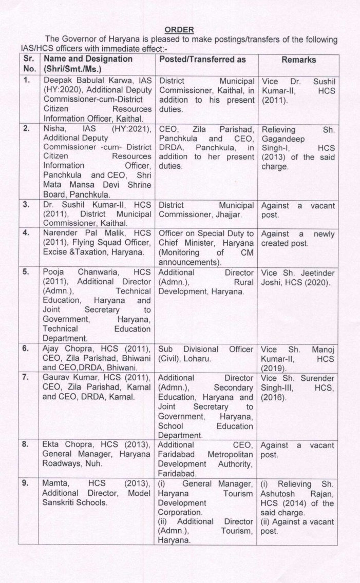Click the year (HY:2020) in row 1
pos(63,90)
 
